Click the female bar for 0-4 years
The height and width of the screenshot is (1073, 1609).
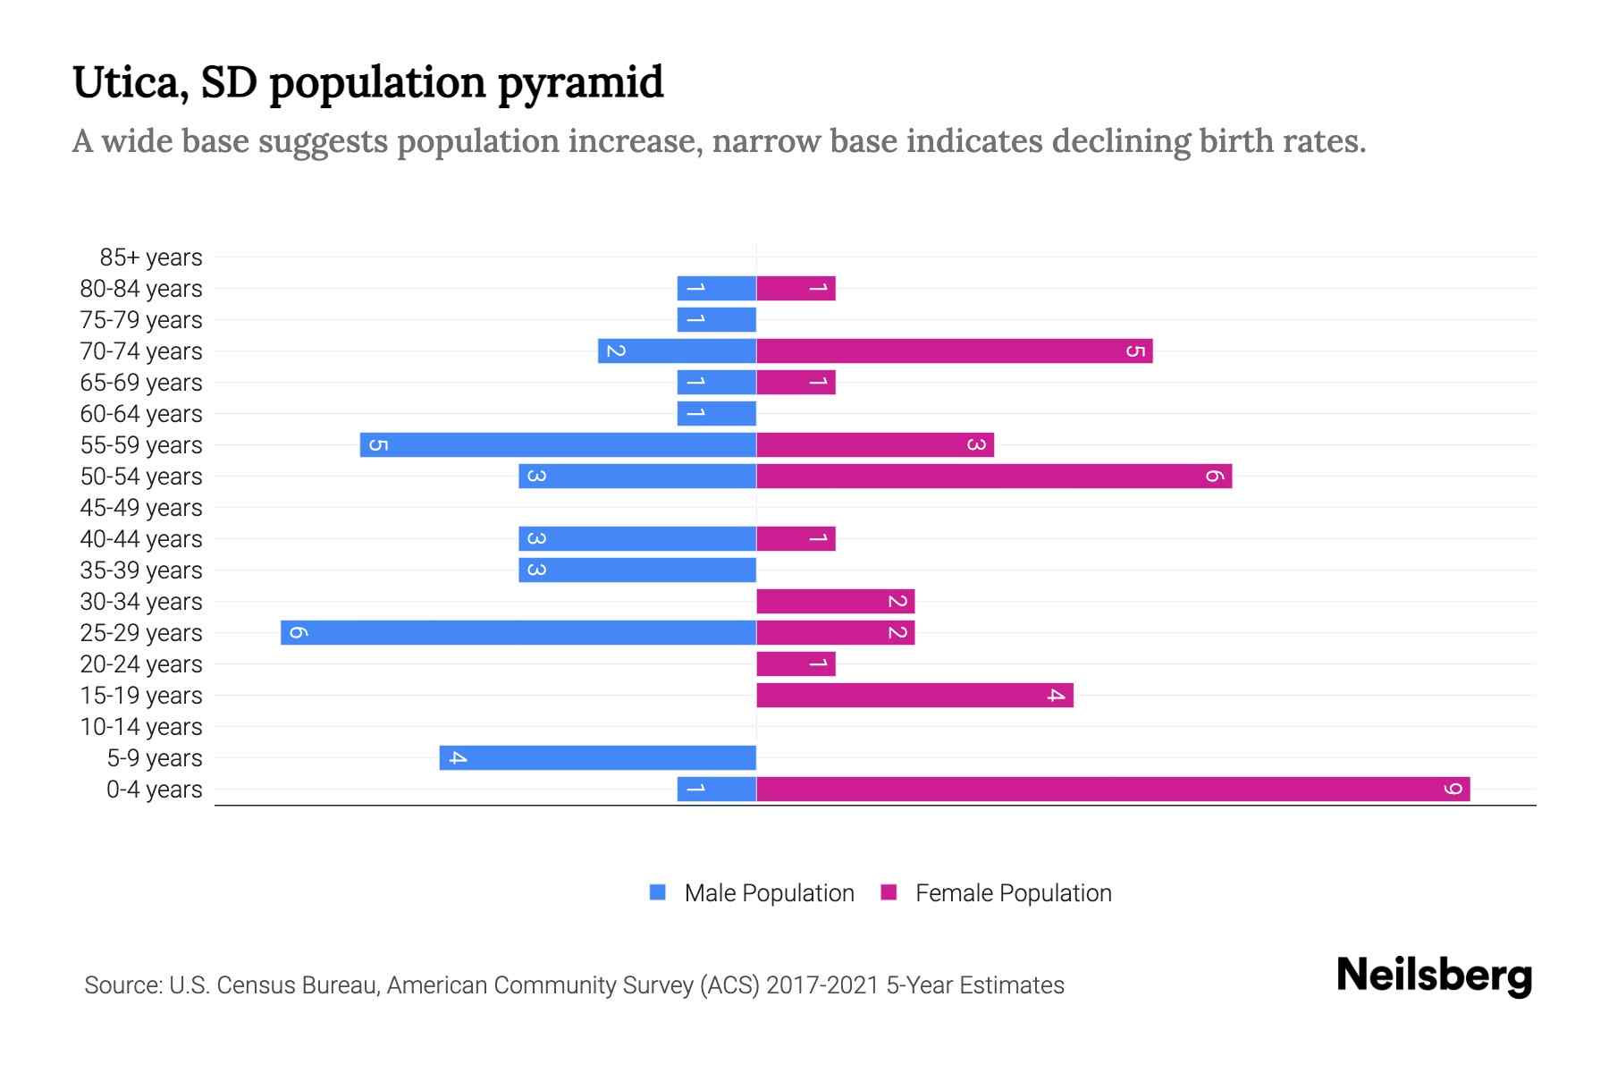pos(1113,790)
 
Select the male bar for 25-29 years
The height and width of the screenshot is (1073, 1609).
pos(518,633)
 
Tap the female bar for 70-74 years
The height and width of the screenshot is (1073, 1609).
pos(955,351)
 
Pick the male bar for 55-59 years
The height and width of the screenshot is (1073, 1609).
pos(558,445)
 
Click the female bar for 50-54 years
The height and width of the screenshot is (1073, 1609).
pos(994,477)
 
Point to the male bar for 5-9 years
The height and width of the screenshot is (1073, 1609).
pos(597,758)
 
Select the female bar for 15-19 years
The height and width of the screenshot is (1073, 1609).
pos(914,696)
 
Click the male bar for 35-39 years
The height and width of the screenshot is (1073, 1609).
pos(637,570)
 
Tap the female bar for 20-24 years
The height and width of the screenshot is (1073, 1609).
pos(796,664)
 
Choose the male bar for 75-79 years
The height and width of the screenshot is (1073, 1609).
pos(717,320)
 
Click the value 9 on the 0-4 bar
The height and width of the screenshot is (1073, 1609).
pos(1453,790)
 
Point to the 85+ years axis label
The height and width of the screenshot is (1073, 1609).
pos(150,258)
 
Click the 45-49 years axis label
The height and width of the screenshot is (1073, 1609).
pos(141,508)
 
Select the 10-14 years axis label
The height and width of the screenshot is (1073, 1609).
pos(141,727)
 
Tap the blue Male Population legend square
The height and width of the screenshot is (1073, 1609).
pos(658,892)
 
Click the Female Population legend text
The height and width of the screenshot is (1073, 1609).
pos(1013,893)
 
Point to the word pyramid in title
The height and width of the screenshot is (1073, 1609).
pos(580,83)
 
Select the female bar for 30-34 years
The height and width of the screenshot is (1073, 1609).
pos(835,602)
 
